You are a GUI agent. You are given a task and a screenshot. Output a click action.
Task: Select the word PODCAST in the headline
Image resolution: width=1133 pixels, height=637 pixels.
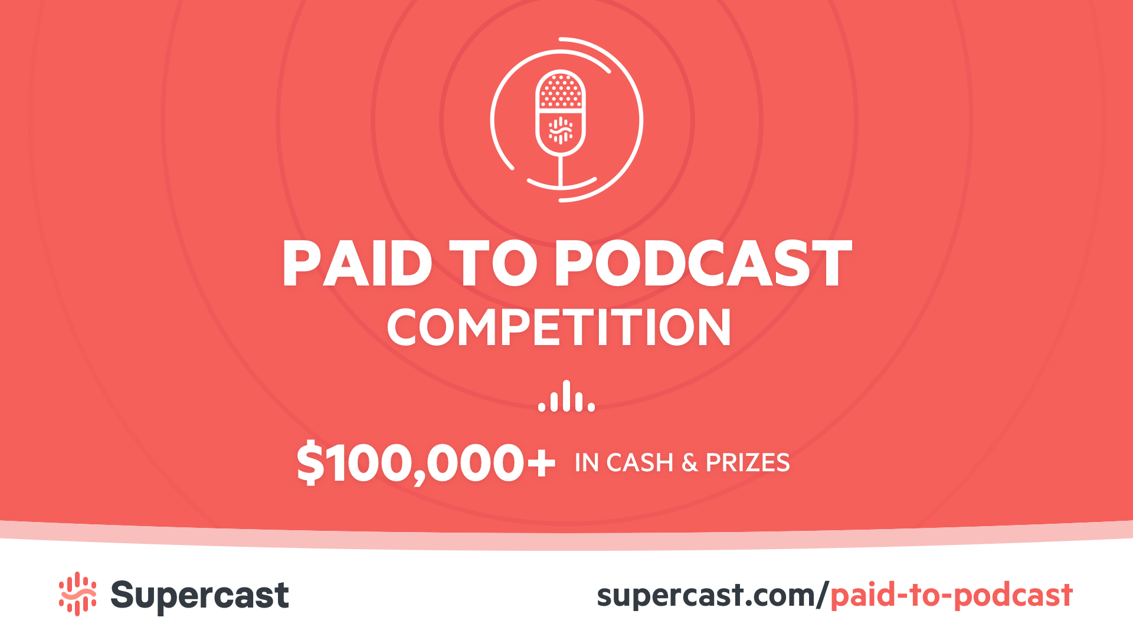[x=702, y=264]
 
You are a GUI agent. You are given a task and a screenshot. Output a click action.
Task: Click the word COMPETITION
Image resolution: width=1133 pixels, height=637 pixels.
[x=559, y=328]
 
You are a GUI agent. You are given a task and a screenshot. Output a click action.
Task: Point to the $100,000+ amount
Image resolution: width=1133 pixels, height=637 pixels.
[x=425, y=464]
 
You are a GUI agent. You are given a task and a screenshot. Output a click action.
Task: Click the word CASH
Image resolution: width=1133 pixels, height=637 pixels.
[x=640, y=463]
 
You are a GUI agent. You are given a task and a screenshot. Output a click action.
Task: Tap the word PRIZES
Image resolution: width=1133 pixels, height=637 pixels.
[x=748, y=463]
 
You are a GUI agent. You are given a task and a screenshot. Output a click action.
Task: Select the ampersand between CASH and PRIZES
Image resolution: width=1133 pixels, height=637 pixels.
[x=689, y=464]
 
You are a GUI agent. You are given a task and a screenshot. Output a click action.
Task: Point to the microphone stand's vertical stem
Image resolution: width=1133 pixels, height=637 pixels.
[x=560, y=171]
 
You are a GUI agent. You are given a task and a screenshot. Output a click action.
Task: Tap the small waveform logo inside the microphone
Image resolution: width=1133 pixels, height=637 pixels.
[x=561, y=130]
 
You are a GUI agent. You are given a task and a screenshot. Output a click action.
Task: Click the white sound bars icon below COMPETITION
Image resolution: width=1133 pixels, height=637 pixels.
[x=566, y=396]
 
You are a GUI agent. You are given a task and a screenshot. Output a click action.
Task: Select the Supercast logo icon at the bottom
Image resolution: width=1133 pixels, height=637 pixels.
[x=77, y=594]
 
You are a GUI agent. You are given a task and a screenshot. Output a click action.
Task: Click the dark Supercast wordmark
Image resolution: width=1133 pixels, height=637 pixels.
[x=199, y=595]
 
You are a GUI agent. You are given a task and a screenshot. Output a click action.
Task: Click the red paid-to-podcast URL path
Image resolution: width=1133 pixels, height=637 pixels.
[x=951, y=596]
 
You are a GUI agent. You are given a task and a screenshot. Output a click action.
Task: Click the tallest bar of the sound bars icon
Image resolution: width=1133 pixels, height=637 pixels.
[x=566, y=395]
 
